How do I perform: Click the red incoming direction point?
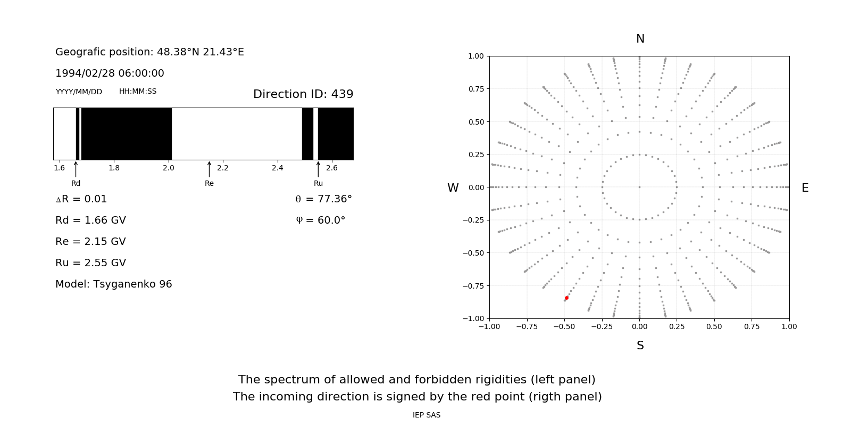coord(566,298)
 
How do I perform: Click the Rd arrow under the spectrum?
coord(76,169)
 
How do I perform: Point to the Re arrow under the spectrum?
coord(209,169)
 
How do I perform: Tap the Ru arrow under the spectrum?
coord(318,169)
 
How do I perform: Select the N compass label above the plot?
coord(640,39)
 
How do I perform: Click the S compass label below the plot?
coord(640,346)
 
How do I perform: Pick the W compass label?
coord(453,188)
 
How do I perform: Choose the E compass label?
coord(805,188)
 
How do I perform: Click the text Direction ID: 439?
coord(303,94)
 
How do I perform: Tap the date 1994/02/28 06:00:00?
coord(110,73)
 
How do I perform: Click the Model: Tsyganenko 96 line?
coord(113,284)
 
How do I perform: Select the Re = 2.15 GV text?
coord(90,241)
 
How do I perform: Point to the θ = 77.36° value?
coord(323,199)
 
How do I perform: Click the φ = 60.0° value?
coord(320,220)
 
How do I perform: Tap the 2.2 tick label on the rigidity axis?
coord(222,168)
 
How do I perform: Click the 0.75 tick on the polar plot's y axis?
coord(475,89)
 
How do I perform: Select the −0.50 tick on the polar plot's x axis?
coord(564,326)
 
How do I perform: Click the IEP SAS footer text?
coord(426,415)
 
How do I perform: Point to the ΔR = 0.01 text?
coord(81,199)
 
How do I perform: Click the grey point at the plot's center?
coord(639,187)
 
